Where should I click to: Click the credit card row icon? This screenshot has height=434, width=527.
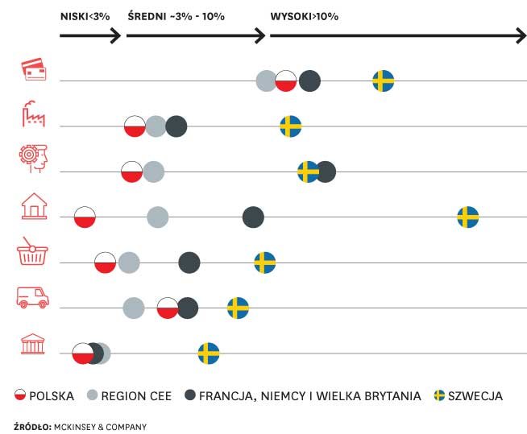pos(33,69)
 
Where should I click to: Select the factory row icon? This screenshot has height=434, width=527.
pos(33,114)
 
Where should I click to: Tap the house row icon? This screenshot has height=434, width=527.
pos(33,206)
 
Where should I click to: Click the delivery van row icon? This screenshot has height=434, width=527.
pos(33,298)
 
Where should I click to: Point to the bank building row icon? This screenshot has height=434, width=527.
pos(33,344)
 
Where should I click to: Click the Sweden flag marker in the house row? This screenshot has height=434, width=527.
pos(467,217)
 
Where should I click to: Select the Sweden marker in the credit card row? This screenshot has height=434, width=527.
pos(383,81)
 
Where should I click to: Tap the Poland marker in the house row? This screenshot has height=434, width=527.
pos(85,217)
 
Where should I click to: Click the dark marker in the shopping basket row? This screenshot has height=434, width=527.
pos(189,262)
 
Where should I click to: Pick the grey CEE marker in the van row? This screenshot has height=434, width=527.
pos(134,308)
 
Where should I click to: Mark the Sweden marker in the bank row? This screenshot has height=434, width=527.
pos(209,353)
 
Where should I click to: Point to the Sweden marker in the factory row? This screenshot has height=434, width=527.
pos(290,126)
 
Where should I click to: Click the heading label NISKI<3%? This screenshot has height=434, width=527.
pos(85,16)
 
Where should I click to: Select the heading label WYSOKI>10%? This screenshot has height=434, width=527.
pos(304,16)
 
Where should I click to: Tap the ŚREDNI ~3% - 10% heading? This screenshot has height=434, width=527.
pos(176,16)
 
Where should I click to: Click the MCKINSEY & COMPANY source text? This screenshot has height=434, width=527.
pos(100,425)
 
